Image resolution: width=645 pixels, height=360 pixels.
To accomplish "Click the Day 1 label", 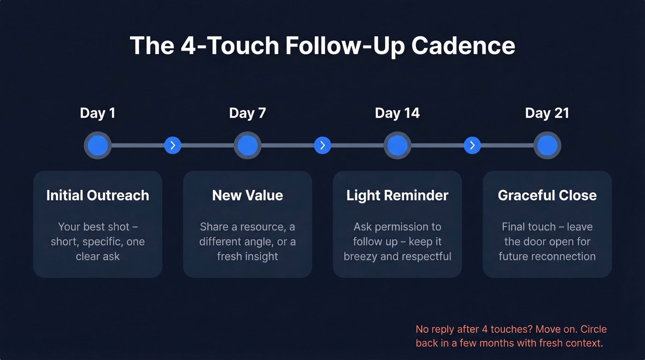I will tap(98, 113).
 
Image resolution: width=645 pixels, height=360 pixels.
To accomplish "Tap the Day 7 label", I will tap(247, 113).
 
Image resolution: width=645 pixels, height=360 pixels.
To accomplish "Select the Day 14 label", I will tap(397, 113).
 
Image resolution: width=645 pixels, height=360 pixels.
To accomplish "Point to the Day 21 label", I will tap(547, 113).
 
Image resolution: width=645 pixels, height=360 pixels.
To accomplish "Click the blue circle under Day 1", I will tap(98, 146).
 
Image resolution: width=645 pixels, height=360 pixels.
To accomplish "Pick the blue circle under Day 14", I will tap(397, 146).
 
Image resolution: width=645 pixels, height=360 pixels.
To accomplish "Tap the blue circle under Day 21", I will tap(547, 146).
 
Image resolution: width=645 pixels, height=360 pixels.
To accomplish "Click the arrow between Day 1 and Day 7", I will tap(173, 146).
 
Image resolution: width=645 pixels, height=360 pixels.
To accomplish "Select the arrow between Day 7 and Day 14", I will tap(322, 146).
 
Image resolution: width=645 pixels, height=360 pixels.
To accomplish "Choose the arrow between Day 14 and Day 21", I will tap(472, 146).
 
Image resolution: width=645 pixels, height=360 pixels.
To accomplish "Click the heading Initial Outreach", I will tap(98, 195).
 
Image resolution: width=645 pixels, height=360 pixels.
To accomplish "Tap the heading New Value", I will tap(247, 195).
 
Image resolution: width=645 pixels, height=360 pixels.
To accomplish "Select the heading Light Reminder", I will tap(397, 195).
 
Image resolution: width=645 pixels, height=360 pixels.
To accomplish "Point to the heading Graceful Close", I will tap(547, 195).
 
